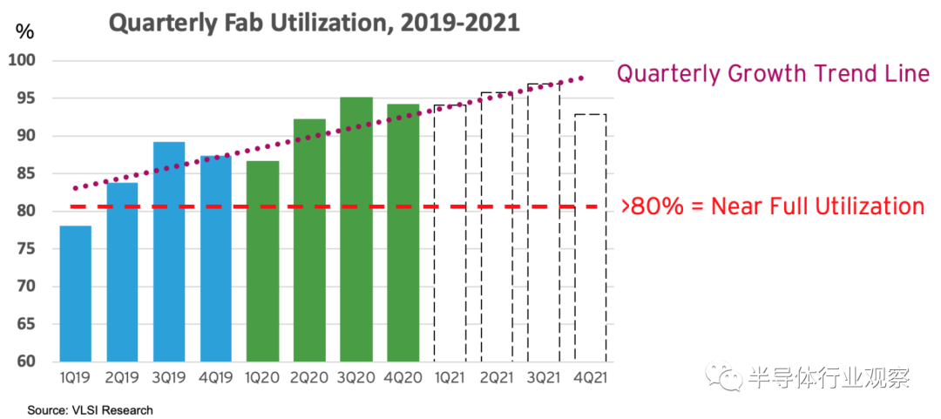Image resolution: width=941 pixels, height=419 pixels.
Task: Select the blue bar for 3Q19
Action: click(x=168, y=252)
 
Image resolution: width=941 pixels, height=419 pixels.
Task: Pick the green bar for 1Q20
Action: click(x=262, y=261)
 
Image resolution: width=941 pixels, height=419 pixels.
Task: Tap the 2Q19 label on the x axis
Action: click(x=122, y=380)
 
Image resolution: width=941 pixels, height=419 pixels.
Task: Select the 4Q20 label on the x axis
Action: click(x=403, y=380)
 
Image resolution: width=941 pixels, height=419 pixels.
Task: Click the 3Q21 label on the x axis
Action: click(x=543, y=380)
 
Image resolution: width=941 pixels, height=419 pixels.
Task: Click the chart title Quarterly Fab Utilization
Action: click(x=314, y=22)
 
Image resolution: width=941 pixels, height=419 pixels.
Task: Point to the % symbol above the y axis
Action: click(x=25, y=32)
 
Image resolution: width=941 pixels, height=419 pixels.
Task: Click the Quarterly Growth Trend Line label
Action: click(x=773, y=74)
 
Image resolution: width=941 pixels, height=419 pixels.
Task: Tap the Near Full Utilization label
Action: click(x=772, y=206)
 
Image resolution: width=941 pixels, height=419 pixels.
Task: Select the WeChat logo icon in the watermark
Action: click(x=724, y=379)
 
